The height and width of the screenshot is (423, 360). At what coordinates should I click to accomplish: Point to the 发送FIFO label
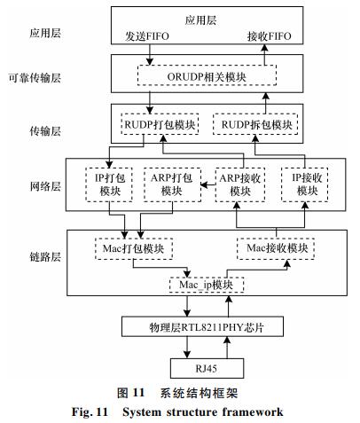click(x=146, y=36)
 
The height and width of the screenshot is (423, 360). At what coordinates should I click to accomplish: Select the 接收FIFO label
click(x=269, y=36)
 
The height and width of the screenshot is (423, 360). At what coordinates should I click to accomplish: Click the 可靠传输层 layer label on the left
click(x=35, y=78)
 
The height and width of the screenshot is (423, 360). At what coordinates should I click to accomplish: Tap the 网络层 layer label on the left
click(x=45, y=186)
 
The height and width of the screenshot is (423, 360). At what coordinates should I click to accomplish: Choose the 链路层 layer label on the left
click(x=45, y=257)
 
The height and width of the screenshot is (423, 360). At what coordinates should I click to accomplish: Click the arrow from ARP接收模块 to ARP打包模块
click(x=208, y=185)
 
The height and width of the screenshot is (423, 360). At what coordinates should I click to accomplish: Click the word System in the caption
click(x=141, y=412)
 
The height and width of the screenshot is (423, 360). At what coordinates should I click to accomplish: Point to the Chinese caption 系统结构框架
click(x=199, y=393)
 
